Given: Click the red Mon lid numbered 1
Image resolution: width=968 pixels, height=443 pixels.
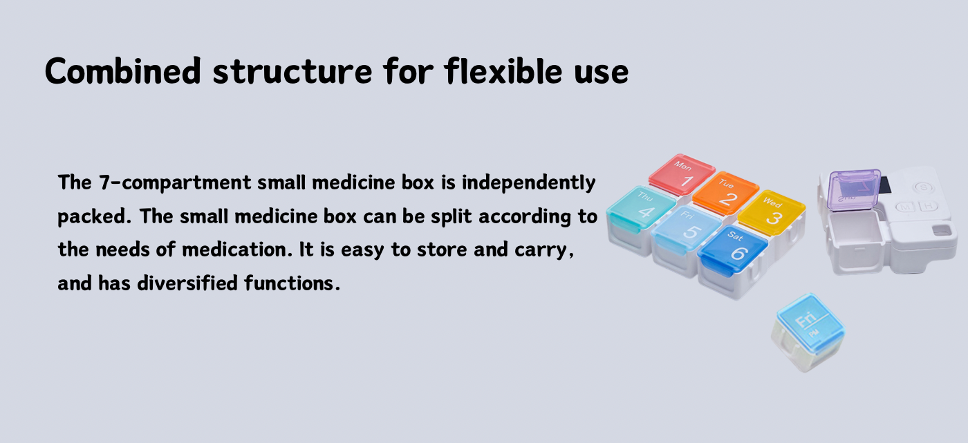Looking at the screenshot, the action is [682, 174].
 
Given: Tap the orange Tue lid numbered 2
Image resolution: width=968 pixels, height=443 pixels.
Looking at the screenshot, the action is [725, 193].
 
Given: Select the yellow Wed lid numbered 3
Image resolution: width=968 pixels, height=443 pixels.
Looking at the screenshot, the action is [772, 212].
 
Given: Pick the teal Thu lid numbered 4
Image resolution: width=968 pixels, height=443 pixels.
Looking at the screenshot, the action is [641, 208].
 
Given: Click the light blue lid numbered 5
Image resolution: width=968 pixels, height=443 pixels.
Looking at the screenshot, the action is [686, 228].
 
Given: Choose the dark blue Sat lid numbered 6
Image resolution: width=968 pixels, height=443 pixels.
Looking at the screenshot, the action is [733, 249].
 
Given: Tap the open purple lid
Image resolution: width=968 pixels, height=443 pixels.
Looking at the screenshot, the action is [854, 190].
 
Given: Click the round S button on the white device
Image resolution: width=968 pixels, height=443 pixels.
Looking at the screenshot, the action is [923, 187].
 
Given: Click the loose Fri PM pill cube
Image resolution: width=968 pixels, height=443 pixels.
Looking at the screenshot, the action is [808, 332].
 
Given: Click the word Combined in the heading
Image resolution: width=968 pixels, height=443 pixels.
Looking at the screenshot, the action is [123, 70].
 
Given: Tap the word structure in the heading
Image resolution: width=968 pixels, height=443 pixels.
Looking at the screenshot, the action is [292, 72].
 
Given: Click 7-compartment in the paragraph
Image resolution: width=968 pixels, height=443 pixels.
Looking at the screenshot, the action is [174, 183].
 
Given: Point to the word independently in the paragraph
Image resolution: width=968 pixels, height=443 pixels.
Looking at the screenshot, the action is [528, 183].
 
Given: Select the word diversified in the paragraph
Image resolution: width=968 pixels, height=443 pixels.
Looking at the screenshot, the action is [187, 283].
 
